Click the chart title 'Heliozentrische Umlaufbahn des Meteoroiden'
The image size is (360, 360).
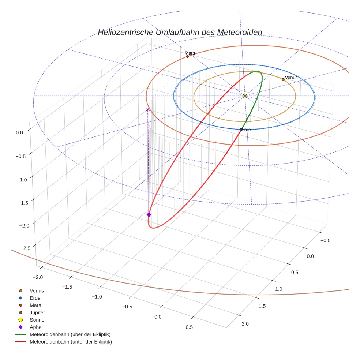pyautogui.click(x=180, y=32)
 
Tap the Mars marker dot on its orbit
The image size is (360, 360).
pyautogui.click(x=187, y=56)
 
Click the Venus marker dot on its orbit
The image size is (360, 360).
pyautogui.click(x=283, y=79)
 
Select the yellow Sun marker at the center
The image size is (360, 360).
pyautogui.click(x=245, y=96)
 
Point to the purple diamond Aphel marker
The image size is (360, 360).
pyautogui.click(x=149, y=214)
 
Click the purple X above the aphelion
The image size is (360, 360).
pyautogui.click(x=148, y=109)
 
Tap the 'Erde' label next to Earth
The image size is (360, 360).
pyautogui.click(x=246, y=130)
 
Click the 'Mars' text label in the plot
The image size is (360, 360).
pyautogui.click(x=190, y=53)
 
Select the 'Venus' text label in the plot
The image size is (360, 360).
pyautogui.click(x=291, y=78)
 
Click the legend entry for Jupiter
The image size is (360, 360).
pyautogui.click(x=37, y=312)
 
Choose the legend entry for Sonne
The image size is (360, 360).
pyautogui.click(x=37, y=320)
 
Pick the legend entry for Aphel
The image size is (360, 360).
pyautogui.click(x=36, y=327)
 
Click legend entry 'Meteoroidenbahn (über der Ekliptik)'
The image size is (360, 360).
pyautogui.click(x=70, y=334)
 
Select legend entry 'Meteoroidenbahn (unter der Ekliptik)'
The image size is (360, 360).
pyautogui.click(x=71, y=342)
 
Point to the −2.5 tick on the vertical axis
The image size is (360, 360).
pyautogui.click(x=25, y=248)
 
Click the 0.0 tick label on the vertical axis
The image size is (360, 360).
pyautogui.click(x=19, y=133)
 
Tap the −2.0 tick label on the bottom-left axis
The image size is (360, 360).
pyautogui.click(x=38, y=277)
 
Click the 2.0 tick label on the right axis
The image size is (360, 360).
pyautogui.click(x=245, y=324)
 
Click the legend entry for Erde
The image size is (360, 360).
pyautogui.click(x=35, y=298)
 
